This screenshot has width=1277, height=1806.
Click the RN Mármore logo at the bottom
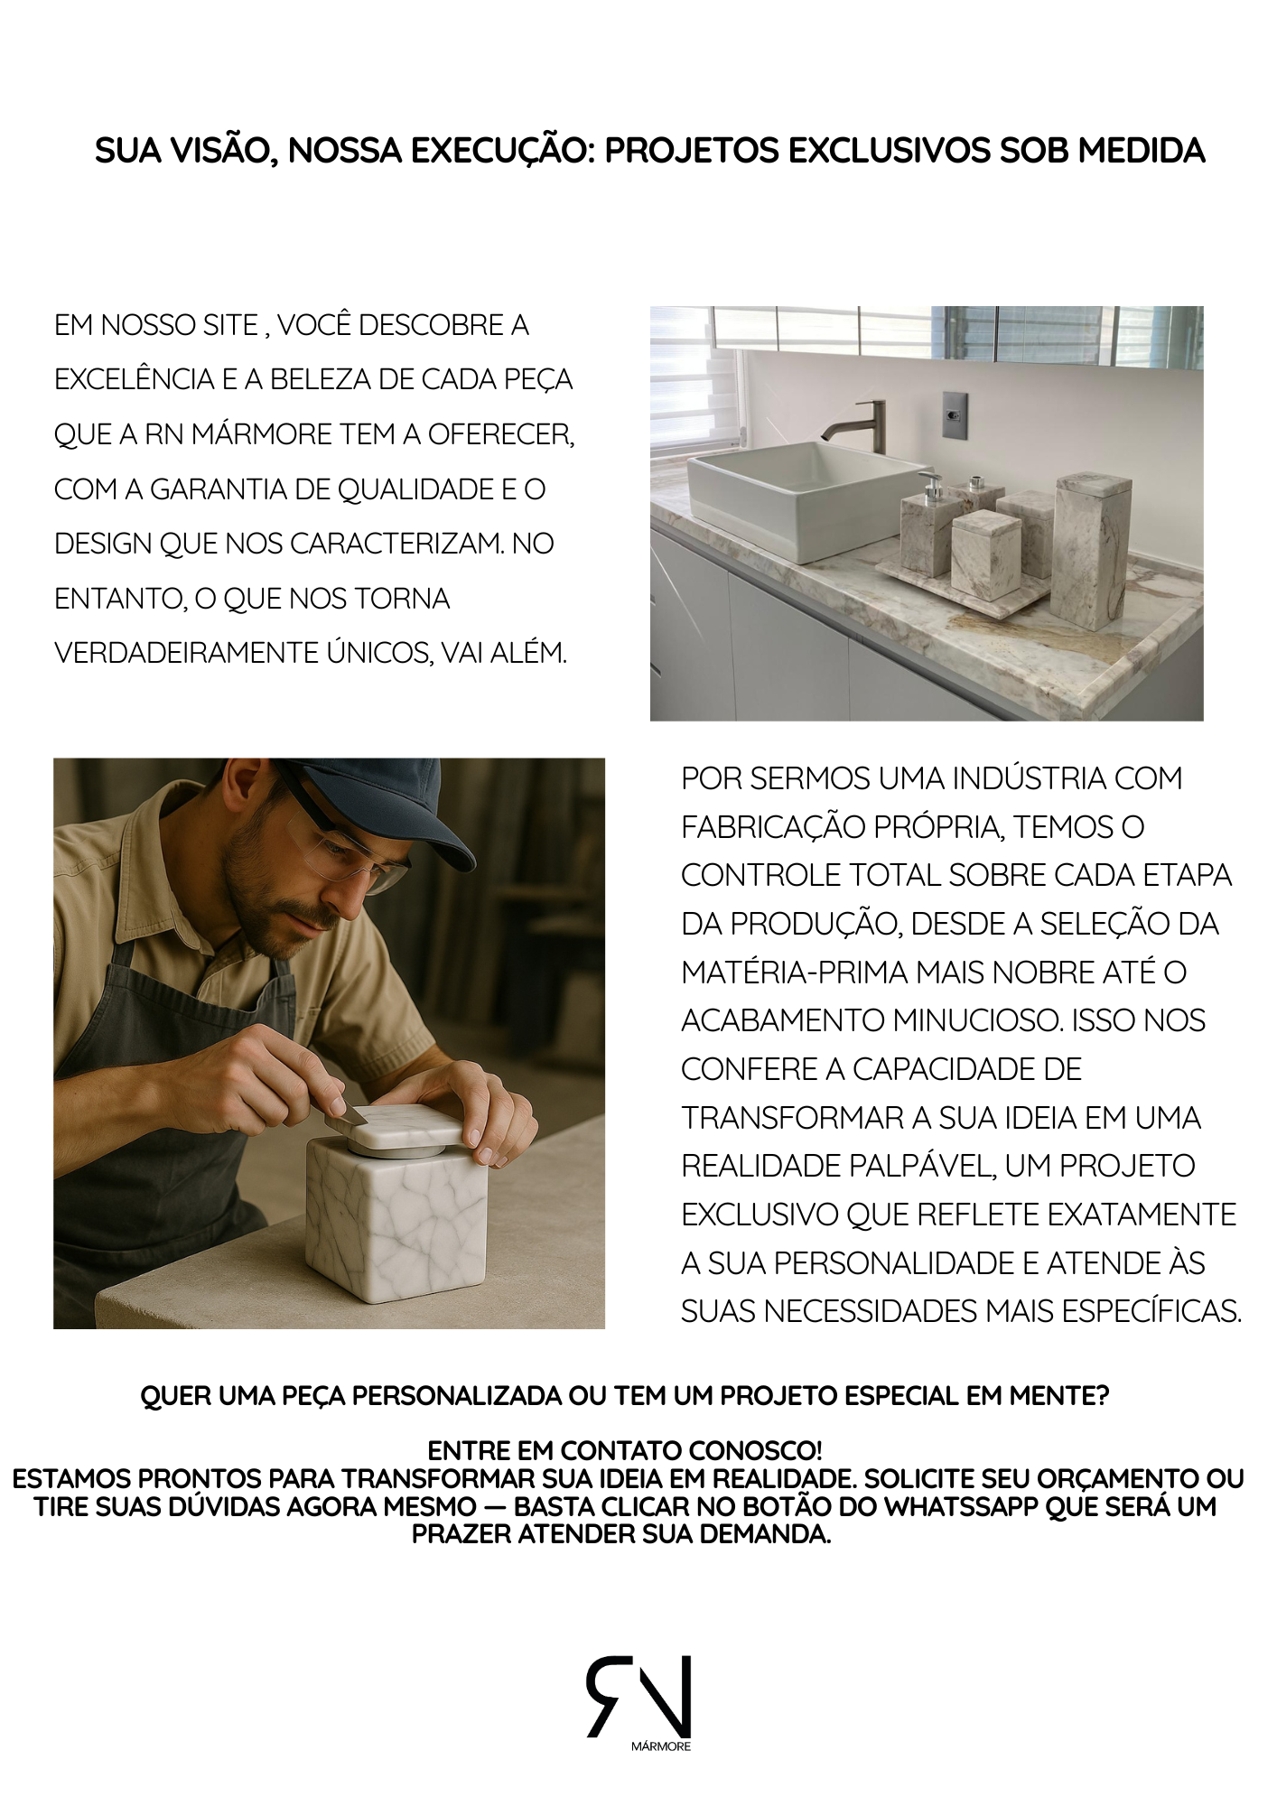(639, 1703)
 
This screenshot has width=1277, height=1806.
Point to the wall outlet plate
(954, 414)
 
